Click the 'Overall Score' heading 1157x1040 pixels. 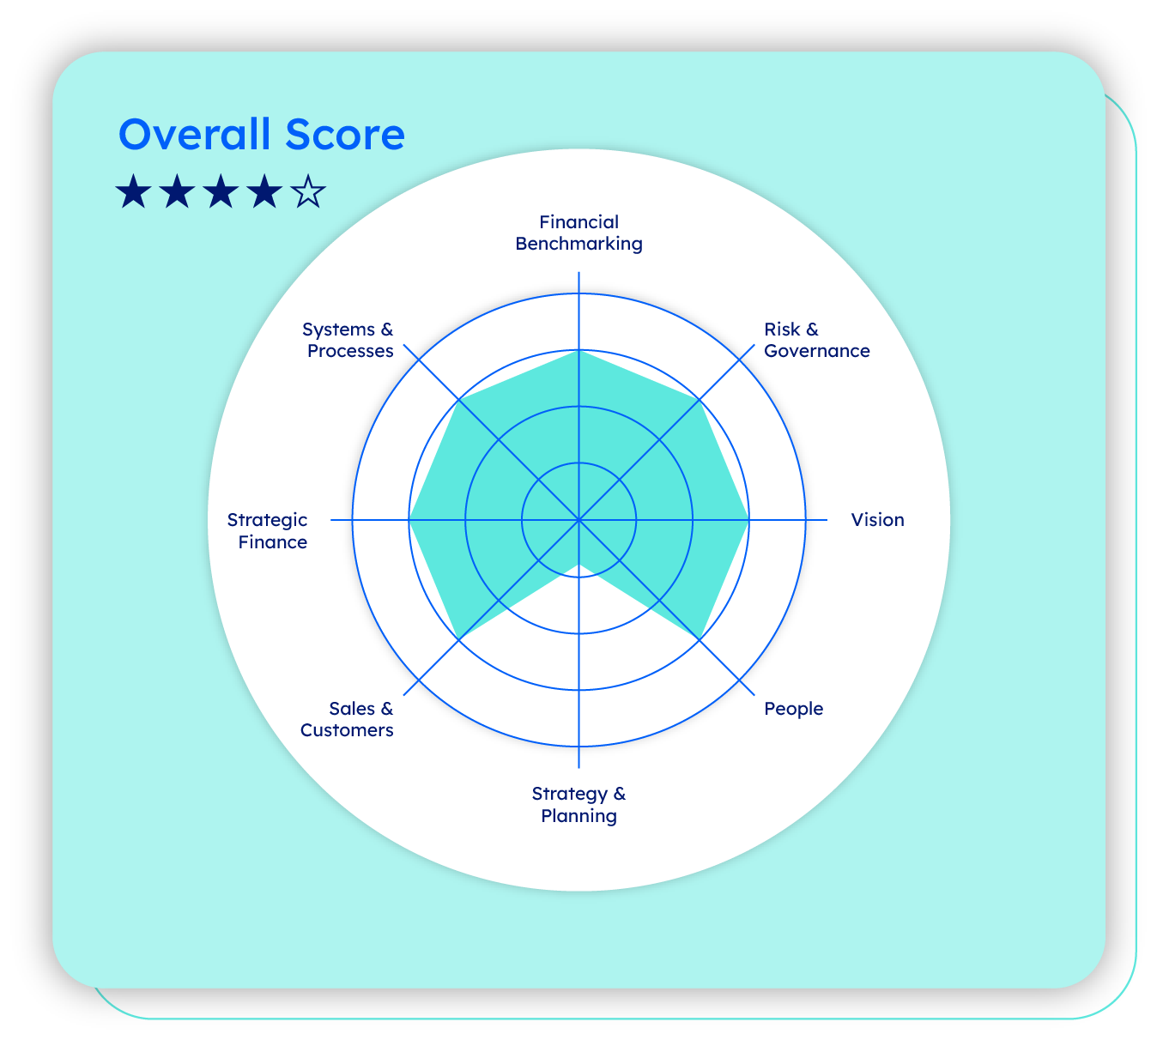click(x=261, y=135)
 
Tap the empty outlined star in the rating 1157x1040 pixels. click(x=309, y=192)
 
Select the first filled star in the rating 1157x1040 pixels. click(x=133, y=192)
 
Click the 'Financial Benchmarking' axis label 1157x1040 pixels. click(x=578, y=233)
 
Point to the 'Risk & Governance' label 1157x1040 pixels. click(x=816, y=340)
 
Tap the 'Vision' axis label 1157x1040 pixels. click(x=877, y=520)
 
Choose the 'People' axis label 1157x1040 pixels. click(x=793, y=709)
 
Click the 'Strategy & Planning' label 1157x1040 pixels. click(x=578, y=804)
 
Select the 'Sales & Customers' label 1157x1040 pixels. click(x=348, y=719)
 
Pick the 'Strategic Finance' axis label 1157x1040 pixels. click(x=268, y=530)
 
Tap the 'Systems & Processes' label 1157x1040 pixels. click(x=348, y=340)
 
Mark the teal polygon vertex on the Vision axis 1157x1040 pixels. click(x=748, y=520)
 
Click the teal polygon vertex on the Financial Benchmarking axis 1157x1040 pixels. click(x=579, y=350)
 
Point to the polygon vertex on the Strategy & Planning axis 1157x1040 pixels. click(x=579, y=565)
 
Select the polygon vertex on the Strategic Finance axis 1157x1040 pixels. click(x=409, y=520)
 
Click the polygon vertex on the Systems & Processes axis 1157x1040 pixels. click(x=459, y=400)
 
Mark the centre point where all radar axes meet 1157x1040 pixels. click(x=579, y=520)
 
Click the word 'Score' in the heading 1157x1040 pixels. click(x=346, y=135)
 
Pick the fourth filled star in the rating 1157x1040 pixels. click(x=264, y=192)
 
